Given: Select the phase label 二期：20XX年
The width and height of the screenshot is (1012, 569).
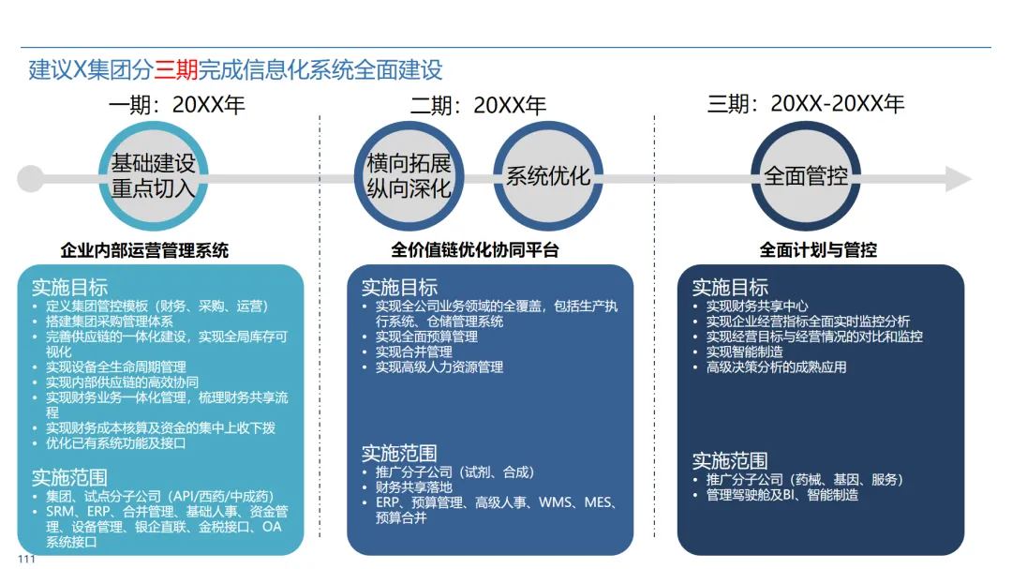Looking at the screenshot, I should (x=478, y=105).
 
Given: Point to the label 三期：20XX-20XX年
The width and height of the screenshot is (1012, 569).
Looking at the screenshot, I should (x=805, y=104).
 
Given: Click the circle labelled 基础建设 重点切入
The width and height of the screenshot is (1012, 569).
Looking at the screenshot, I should (x=154, y=176).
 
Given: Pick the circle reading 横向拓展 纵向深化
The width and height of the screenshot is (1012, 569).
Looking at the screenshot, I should (x=409, y=176).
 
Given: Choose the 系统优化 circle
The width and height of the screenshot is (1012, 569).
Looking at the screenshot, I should (x=548, y=176).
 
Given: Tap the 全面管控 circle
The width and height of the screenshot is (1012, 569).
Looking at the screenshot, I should (x=806, y=176).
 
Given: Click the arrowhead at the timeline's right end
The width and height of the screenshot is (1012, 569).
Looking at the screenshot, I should (x=958, y=178).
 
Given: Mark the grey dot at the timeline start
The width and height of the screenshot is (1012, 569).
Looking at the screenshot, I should (x=30, y=178).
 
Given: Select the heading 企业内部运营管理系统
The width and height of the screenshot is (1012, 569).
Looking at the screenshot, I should (x=144, y=250).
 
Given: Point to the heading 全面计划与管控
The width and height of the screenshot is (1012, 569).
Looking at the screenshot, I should (x=818, y=250).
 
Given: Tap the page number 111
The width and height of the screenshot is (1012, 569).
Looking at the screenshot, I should (x=25, y=560).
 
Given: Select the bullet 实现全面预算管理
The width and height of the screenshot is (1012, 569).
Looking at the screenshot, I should (x=426, y=337).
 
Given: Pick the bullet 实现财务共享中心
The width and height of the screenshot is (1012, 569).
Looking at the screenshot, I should (x=757, y=307).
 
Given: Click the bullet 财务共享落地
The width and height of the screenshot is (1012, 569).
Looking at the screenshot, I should (x=414, y=487).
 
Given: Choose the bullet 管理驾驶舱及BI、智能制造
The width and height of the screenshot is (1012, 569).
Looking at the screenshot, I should (x=782, y=494).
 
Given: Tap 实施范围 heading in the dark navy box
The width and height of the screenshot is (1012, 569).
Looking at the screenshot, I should (x=730, y=460).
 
